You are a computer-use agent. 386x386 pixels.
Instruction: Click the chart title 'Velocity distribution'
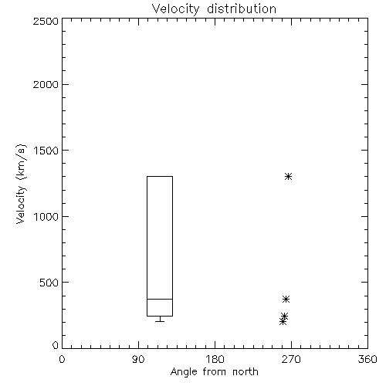point(214,9)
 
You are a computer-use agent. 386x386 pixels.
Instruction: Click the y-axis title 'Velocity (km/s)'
point(21,184)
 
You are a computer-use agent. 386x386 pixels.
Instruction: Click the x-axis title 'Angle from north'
point(214,372)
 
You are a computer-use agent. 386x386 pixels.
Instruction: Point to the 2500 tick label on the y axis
point(46,21)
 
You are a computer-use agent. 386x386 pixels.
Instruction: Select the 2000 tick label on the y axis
point(46,84)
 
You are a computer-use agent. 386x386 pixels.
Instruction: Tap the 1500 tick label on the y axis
point(46,151)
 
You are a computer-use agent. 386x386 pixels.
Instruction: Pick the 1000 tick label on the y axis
point(46,216)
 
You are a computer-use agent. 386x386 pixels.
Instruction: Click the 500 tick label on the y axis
point(49,283)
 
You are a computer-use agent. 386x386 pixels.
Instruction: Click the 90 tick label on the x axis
point(138,359)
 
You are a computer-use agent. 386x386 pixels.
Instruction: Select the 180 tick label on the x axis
point(215,359)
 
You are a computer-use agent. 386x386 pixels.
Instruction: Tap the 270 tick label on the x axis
point(291,359)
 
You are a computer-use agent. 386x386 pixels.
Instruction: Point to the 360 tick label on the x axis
point(367,359)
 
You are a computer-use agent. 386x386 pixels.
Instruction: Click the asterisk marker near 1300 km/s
point(288,177)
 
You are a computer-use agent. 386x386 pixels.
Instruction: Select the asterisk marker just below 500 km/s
point(286,300)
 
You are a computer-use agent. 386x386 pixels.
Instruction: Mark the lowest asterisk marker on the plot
point(283,322)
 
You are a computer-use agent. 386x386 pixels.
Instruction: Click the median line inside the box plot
point(160,299)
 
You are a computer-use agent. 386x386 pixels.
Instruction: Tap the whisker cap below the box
point(160,321)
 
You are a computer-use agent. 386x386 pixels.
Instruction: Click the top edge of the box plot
point(160,176)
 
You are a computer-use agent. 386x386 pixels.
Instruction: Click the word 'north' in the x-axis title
point(245,372)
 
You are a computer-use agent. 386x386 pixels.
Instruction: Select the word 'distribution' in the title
point(242,9)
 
